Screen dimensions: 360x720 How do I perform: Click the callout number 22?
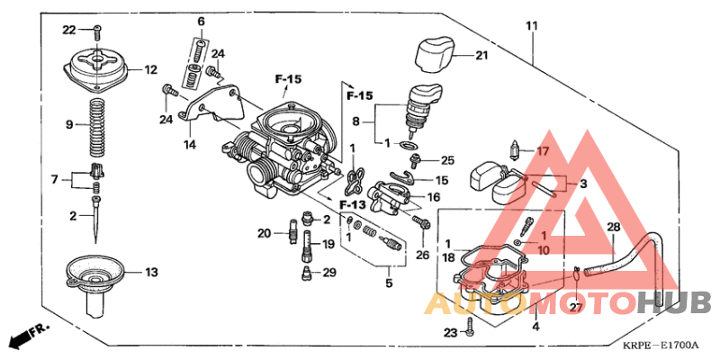68,31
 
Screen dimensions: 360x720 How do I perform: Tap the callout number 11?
531,26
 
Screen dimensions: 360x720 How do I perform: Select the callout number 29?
329,272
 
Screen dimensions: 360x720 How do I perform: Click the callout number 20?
263,234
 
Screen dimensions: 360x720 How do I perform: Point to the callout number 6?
201,21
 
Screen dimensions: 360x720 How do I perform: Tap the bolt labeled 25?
417,162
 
